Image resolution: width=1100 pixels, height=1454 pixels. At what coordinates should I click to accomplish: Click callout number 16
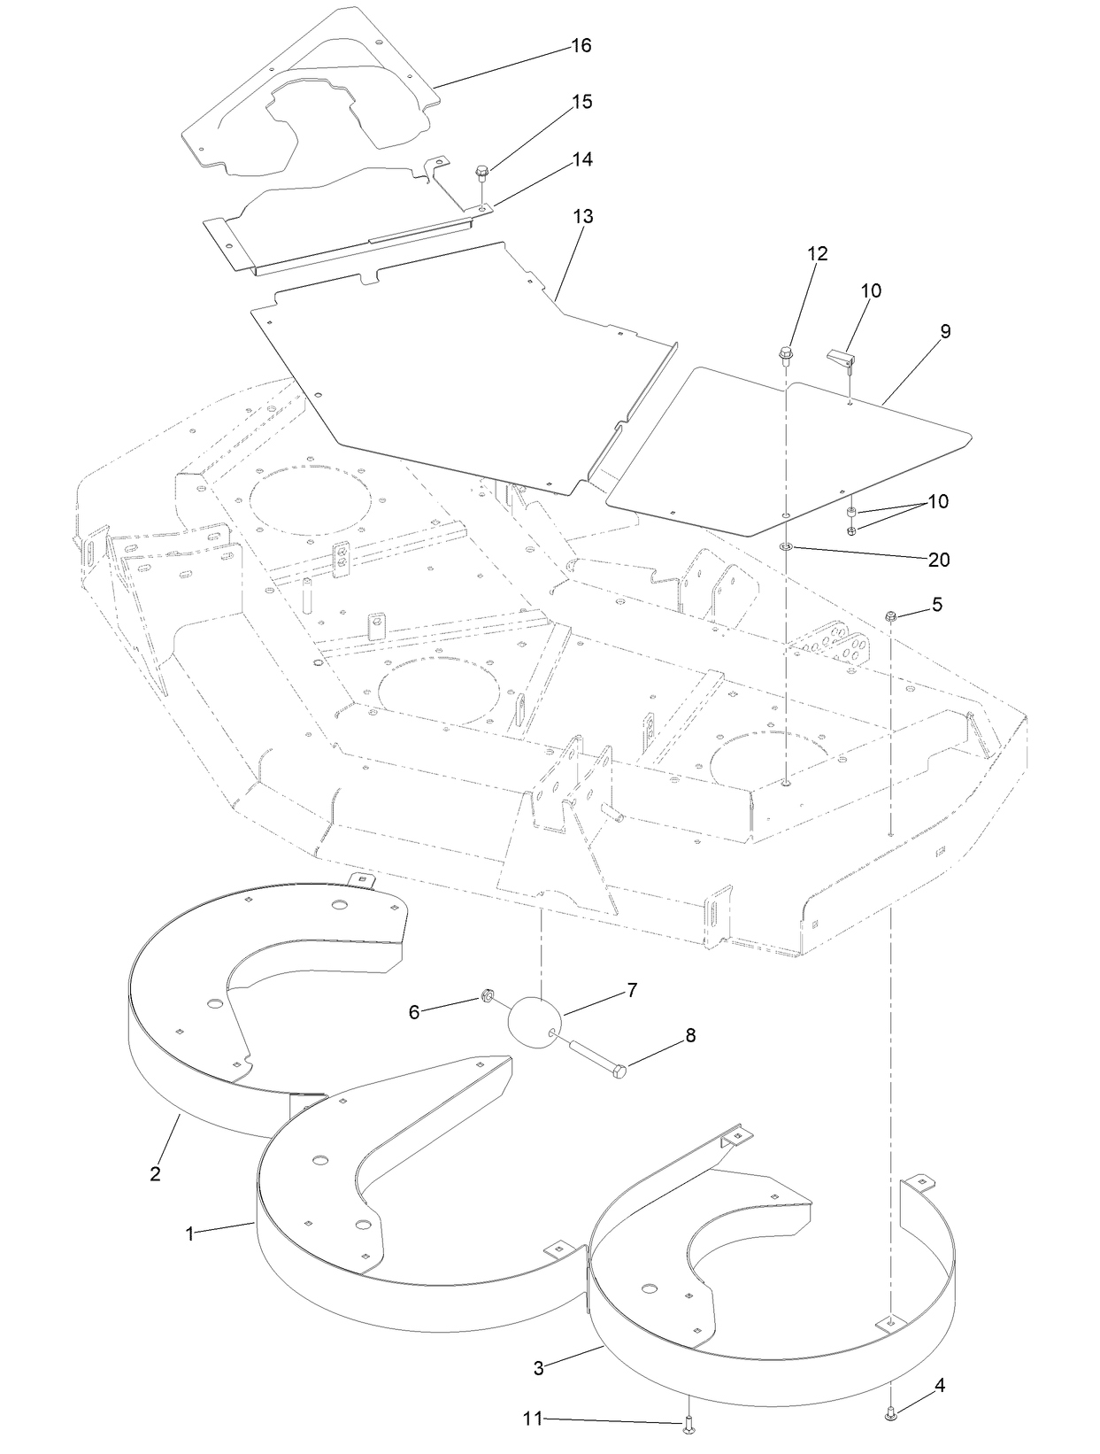(581, 45)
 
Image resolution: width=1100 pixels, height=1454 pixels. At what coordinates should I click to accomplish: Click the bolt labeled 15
(482, 170)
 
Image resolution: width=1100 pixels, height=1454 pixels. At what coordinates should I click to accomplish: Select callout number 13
(583, 216)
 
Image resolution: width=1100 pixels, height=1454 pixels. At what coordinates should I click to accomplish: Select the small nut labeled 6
(487, 995)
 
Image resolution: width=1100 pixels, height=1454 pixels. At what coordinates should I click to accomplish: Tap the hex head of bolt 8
(619, 1071)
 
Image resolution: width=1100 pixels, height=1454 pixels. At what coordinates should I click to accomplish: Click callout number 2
(156, 1174)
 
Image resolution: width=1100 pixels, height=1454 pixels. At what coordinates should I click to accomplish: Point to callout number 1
(189, 1234)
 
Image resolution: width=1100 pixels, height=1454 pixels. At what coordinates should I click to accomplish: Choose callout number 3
(538, 1367)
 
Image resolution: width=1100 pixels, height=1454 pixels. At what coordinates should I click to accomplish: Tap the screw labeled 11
(688, 1426)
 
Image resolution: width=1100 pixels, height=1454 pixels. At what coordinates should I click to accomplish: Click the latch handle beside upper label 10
(842, 357)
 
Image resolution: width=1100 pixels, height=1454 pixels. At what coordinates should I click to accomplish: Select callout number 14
(582, 159)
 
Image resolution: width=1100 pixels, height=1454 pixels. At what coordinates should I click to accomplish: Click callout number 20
(938, 560)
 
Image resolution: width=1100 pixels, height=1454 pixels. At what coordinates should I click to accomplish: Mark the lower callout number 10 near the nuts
(938, 501)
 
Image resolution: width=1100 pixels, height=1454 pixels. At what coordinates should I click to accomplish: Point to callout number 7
(632, 990)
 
